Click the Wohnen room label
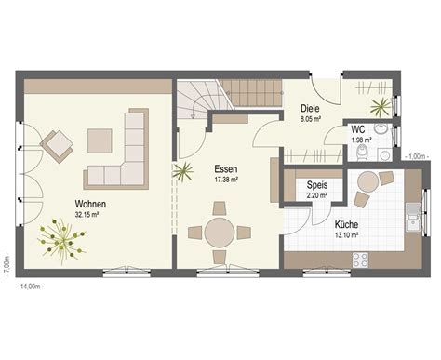point(90,204)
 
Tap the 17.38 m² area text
point(226,180)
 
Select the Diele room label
point(310,109)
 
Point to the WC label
point(358,129)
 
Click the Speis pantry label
point(317,185)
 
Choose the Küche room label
point(346,224)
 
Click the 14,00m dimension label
point(30,287)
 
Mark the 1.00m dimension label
point(417,156)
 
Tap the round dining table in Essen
point(220,233)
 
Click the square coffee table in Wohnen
point(100,141)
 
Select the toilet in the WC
point(362,153)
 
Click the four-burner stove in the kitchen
point(360,260)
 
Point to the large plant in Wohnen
point(62,240)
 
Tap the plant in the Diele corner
point(381,107)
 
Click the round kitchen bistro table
point(368,181)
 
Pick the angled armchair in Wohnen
point(57,146)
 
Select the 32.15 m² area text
point(87,214)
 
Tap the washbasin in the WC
point(381,128)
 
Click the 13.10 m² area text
point(347,234)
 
